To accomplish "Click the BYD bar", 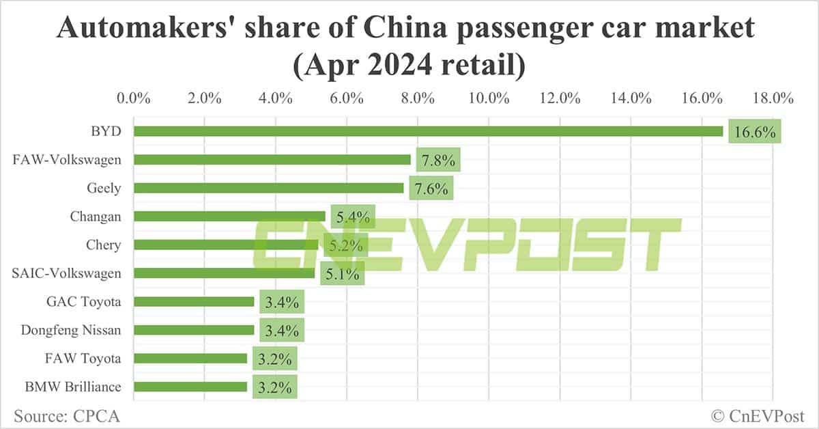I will tap(428, 131).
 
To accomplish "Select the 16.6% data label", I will tap(754, 132).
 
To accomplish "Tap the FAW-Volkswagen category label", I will tap(67, 160).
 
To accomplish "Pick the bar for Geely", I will tap(268, 188).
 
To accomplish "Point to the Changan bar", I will tap(229, 217).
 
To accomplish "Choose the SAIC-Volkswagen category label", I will tap(67, 273).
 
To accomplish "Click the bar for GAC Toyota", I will tap(194, 301).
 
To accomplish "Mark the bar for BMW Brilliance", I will tap(190, 387).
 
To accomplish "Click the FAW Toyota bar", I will tap(190, 358).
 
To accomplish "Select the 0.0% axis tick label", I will tap(134, 98).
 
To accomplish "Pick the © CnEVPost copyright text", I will tap(758, 415).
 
